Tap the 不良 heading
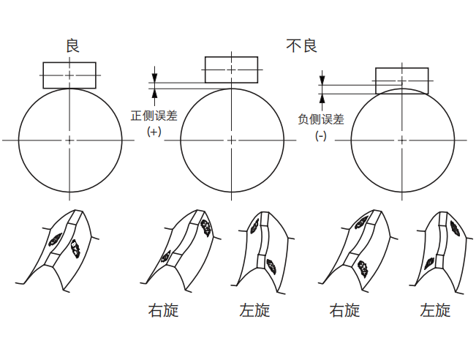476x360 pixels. coord(301,46)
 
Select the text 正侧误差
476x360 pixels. coord(154,116)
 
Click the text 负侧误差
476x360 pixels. coord(321,119)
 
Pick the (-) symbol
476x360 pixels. coord(321,136)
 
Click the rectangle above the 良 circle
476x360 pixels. coord(69,75)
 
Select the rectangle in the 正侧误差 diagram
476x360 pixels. coord(231,70)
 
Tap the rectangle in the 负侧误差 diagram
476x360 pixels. coord(401,80)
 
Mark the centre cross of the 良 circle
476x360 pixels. coord(69,139)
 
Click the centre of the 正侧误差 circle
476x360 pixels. coord(231,139)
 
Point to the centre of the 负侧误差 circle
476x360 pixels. coord(401,139)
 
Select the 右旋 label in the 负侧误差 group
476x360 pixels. coord(344,310)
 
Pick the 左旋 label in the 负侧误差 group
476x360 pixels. coord(435,310)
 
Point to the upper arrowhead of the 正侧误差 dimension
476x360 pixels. coord(154,77)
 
